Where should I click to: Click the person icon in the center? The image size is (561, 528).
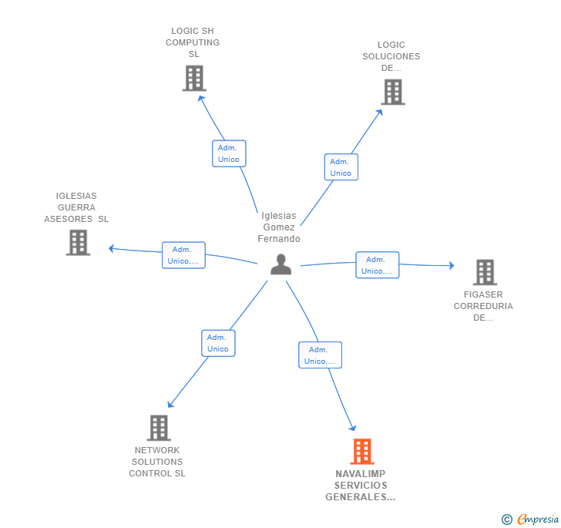pos(280,264)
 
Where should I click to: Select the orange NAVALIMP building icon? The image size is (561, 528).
pos(362,452)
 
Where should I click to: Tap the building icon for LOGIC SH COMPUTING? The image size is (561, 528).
pos(194,78)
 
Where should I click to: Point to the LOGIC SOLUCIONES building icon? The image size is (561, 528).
pos(393,92)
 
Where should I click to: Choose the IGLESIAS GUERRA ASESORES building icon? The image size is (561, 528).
pos(78,242)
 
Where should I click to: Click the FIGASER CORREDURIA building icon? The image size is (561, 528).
pos(485,272)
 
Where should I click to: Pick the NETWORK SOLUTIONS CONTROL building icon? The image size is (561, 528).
pos(159,428)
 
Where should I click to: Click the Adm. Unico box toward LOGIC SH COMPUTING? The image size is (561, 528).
pos(229,153)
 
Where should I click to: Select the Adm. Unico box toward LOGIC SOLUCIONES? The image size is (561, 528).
pos(341,167)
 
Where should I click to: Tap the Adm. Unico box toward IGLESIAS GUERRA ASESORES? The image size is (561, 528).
pos(183,255)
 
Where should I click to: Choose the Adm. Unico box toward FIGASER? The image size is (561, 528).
pos(377,265)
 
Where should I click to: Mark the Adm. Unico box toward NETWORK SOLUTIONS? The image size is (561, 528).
pos(218,343)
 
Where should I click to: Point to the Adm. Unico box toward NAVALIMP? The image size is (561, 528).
pos(321,355)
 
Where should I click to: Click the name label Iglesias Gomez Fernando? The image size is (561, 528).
pos(279,227)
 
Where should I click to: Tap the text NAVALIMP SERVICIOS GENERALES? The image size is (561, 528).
pos(361,486)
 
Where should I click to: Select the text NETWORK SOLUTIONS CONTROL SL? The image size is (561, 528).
pos(157,462)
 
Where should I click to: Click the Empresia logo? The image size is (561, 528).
pos(530,519)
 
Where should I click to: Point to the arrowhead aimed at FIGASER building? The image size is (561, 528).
pos(452,265)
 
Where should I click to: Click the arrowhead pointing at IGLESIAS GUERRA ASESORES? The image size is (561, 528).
pos(111,248)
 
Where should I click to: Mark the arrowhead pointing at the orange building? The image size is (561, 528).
pos(353,427)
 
